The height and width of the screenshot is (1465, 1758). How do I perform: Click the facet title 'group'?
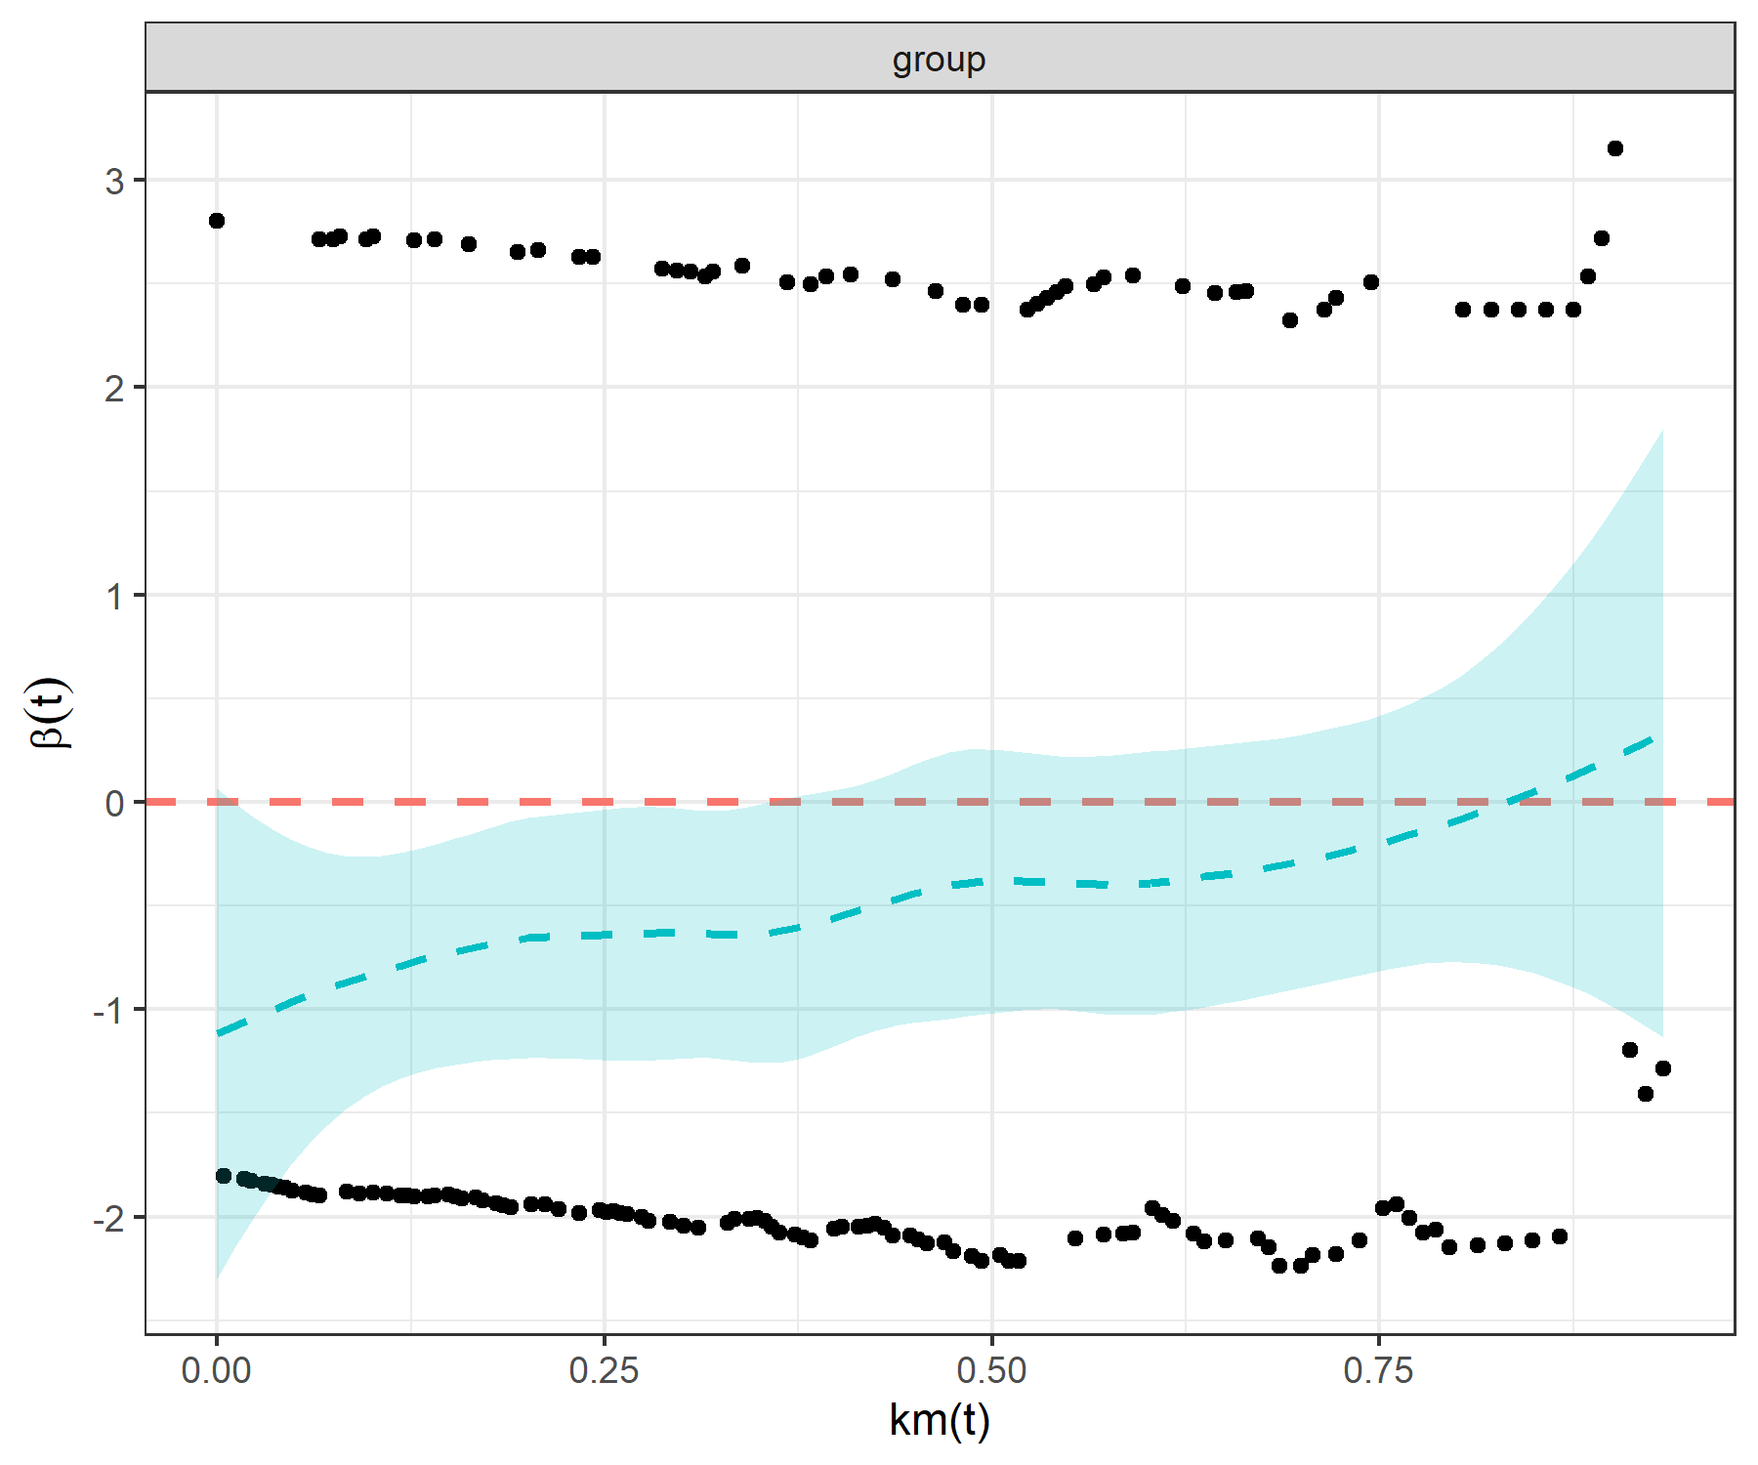coord(939,60)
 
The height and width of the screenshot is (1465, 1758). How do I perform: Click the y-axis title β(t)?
coord(50,713)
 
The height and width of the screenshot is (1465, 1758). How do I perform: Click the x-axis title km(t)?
coord(939,1419)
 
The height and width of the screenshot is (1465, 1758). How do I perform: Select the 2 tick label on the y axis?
coord(115,389)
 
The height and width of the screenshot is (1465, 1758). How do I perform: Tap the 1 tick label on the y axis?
coord(115,596)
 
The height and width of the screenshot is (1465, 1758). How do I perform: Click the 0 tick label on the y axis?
coord(115,803)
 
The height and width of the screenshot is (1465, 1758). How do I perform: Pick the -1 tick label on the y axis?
coord(109,1010)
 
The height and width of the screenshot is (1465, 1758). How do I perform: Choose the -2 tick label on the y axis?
coord(109,1218)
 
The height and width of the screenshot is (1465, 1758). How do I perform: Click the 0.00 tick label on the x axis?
coord(216,1371)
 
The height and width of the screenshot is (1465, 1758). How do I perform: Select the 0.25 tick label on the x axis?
coord(604,1371)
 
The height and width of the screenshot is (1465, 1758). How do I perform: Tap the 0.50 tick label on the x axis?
coord(991,1371)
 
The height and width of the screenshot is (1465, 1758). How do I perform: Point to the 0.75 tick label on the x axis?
coord(1378,1371)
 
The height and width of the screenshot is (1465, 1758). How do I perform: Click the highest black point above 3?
coord(1615,148)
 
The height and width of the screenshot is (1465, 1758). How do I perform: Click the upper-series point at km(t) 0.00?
coord(217,221)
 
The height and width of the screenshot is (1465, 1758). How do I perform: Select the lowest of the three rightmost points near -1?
coord(1646,1094)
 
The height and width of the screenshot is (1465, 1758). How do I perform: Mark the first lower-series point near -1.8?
coord(224,1176)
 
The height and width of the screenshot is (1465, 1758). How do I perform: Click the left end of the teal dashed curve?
coord(218,1032)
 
